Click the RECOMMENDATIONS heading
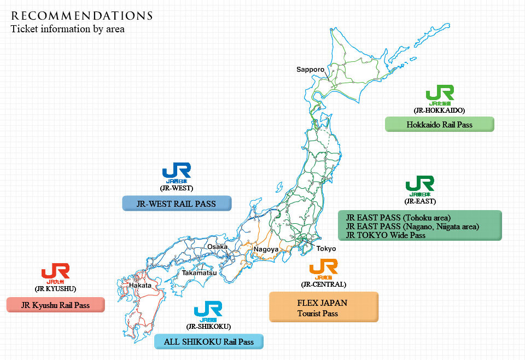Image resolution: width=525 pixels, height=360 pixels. (81, 15)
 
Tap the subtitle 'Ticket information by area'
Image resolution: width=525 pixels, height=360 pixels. (68, 29)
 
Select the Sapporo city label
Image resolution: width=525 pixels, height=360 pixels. (310, 69)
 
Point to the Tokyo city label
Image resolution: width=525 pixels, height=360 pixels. (326, 248)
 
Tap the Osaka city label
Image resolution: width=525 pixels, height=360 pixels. (217, 247)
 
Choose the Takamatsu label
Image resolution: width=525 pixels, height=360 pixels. (199, 272)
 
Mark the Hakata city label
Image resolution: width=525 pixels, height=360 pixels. (141, 286)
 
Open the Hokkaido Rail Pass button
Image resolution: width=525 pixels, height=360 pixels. (439, 124)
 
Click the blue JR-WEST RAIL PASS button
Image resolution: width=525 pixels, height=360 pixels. (176, 204)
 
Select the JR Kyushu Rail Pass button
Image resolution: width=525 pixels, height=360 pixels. (55, 305)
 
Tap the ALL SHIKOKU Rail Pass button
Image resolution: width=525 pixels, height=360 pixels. (209, 342)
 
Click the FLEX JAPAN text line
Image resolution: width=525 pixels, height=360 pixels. (322, 303)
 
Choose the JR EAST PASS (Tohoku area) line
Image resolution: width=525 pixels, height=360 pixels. (398, 217)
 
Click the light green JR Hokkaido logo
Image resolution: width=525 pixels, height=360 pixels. (440, 94)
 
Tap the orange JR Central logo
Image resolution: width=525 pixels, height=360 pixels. (323, 268)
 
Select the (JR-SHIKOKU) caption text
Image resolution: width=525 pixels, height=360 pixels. (208, 327)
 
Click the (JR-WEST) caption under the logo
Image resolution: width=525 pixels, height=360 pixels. (176, 188)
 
